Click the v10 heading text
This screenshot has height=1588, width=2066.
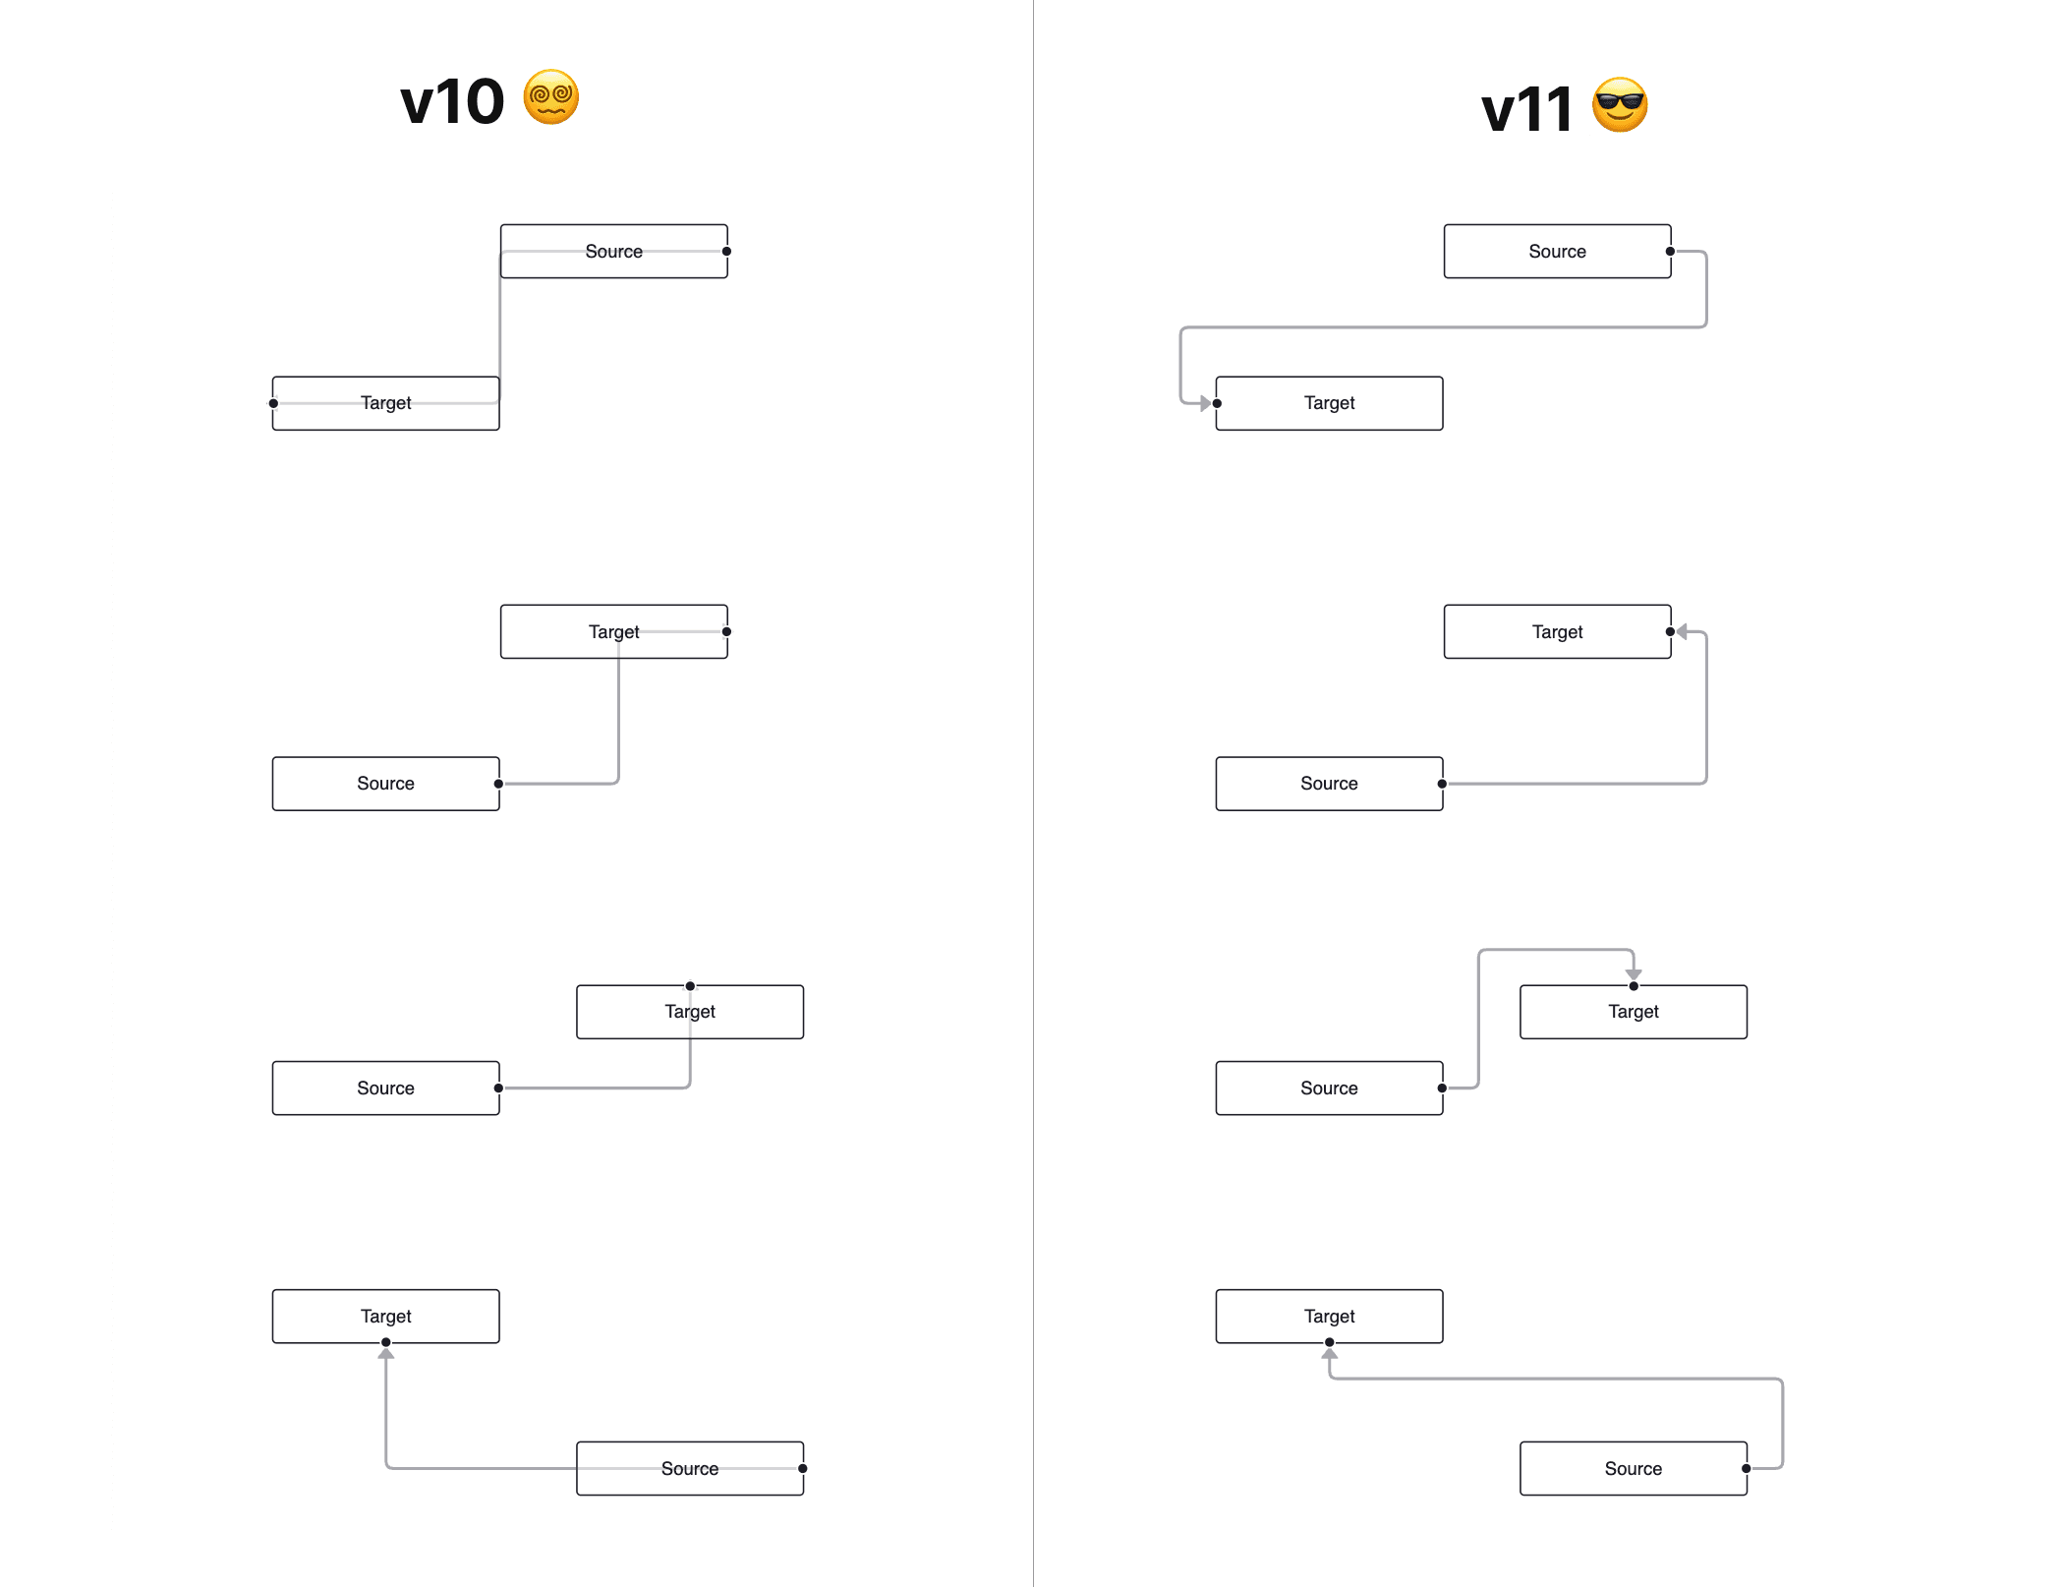point(451,101)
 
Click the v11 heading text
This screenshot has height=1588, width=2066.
point(1526,108)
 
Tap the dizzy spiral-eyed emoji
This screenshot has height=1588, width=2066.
point(551,97)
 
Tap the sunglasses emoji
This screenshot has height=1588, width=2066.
point(1620,104)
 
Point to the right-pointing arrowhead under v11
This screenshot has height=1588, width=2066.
point(1204,403)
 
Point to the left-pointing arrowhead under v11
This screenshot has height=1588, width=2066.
point(1683,631)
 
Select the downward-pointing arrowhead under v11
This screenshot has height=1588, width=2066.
point(1634,973)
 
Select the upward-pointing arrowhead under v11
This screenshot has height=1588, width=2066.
point(1330,1354)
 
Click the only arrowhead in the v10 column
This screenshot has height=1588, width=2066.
point(386,1354)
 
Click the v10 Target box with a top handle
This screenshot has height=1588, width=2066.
point(690,1012)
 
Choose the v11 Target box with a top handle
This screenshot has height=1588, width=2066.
point(1634,1012)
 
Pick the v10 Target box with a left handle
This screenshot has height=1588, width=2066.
point(386,403)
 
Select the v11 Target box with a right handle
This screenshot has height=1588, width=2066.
point(1557,631)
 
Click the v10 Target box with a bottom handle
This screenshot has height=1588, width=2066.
point(386,1316)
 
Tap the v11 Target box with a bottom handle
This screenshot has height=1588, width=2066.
point(1329,1316)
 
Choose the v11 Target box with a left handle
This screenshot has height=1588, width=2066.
point(1329,403)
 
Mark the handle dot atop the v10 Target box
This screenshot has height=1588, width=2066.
point(690,985)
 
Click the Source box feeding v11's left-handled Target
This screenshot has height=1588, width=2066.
point(1557,251)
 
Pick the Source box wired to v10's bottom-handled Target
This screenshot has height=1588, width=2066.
point(690,1468)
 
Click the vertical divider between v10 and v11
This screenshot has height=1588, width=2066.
point(1033,787)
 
